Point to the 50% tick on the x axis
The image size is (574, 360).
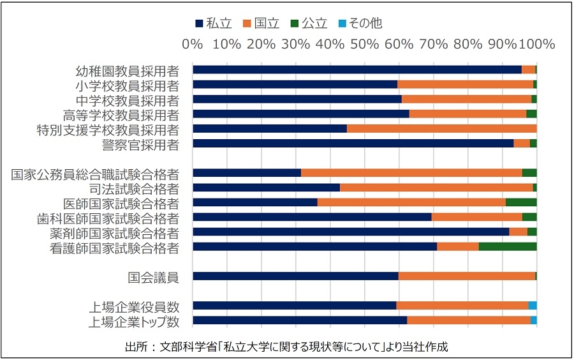(x=364, y=45)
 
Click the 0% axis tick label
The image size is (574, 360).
(x=193, y=45)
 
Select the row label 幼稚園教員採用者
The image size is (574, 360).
(x=127, y=70)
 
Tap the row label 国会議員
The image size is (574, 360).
(x=152, y=276)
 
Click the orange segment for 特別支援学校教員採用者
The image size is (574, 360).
(x=441, y=128)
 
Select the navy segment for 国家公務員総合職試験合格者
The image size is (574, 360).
(x=247, y=172)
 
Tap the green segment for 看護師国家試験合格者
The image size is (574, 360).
(x=508, y=246)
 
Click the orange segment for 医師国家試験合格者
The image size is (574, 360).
(x=411, y=202)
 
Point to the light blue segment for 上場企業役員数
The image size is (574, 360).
(x=533, y=306)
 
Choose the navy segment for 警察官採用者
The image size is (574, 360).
(x=353, y=144)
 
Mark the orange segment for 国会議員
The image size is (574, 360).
(x=466, y=276)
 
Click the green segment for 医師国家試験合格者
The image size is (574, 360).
(x=521, y=202)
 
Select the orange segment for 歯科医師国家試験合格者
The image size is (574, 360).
(x=476, y=217)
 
